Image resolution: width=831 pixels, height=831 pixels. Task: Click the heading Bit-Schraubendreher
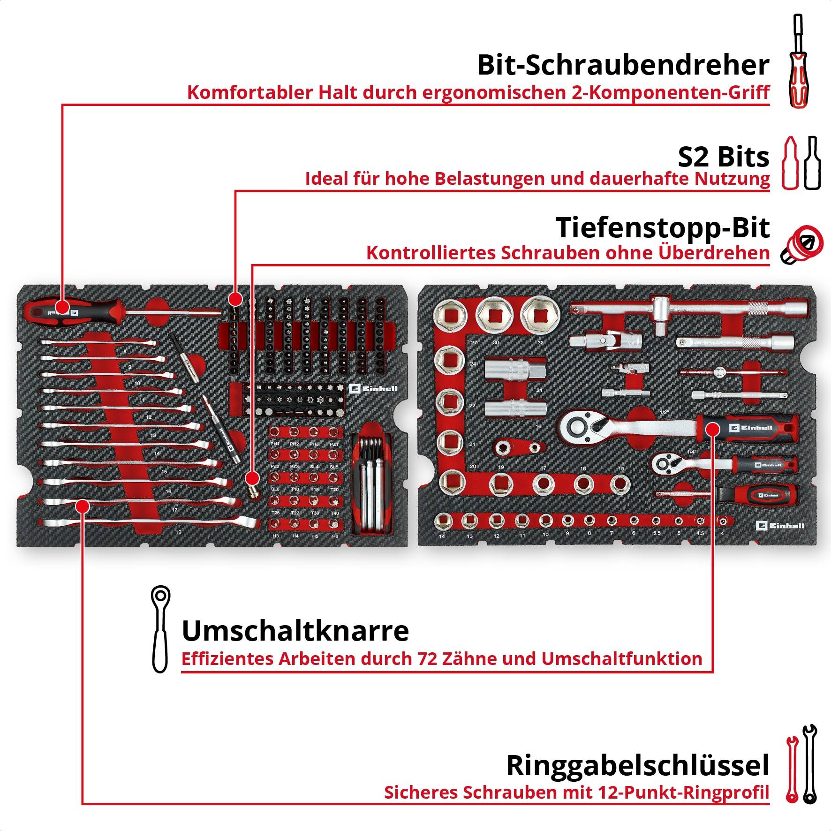point(623,66)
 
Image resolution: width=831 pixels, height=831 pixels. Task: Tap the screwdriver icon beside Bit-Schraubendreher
point(798,61)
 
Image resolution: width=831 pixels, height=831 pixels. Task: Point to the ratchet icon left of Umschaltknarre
point(160,629)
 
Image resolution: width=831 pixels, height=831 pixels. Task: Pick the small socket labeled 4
point(723,521)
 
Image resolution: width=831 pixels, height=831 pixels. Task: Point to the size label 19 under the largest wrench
point(178,532)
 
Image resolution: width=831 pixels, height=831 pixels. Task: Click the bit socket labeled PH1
point(275,431)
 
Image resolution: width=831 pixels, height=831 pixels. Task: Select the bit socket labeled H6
point(334,523)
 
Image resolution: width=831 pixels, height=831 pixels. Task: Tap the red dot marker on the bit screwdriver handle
point(62,307)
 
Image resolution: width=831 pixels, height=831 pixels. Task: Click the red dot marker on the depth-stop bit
point(252,478)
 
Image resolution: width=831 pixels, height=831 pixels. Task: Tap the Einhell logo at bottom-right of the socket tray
point(780,526)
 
